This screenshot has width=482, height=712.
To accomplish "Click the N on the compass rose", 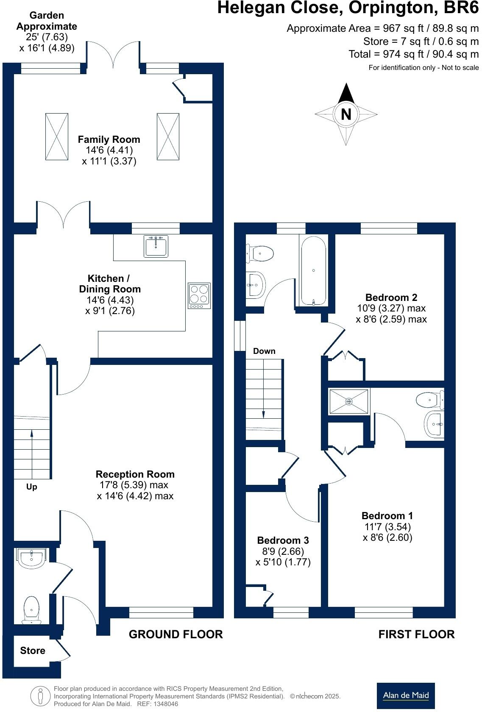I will tap(346, 114).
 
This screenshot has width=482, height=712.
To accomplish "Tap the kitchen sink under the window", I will tap(156, 246).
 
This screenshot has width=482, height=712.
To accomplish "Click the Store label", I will tap(33, 651).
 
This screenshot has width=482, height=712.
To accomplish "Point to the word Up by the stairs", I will tap(32, 487).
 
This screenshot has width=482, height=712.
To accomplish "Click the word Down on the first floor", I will tap(264, 351).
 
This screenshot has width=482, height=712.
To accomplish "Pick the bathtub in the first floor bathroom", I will tap(313, 270).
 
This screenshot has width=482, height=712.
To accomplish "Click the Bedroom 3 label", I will tap(283, 540).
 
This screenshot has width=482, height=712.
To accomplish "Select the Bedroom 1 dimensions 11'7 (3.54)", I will tap(387, 527).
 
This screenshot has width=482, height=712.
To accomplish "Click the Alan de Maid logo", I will tap(406, 695).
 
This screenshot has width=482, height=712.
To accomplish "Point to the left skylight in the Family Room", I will tap(57, 136).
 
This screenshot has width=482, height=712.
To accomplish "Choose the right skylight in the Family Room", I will tap(168, 136).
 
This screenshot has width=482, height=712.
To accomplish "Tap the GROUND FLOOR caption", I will tap(176, 634).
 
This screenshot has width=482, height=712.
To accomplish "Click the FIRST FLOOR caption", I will tap(416, 634).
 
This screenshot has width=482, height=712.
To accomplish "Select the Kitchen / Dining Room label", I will tap(109, 284).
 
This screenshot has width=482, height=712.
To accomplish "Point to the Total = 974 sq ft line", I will tap(413, 54).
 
